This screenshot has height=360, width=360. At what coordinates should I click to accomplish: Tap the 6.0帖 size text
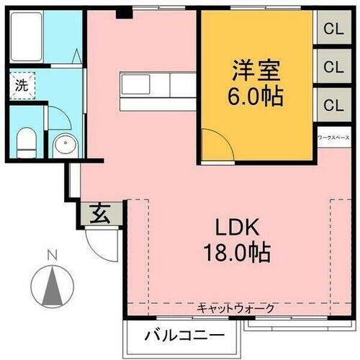256,96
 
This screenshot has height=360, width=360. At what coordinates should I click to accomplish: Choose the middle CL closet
333,67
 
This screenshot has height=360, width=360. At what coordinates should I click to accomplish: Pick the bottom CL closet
333,104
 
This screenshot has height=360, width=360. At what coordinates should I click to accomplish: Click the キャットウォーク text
236,308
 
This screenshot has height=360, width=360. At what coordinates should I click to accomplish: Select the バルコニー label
182,335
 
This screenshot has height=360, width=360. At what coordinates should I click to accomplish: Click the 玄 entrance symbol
100,214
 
